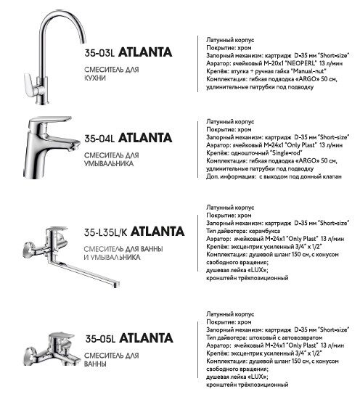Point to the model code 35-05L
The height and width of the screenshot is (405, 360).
100,337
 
